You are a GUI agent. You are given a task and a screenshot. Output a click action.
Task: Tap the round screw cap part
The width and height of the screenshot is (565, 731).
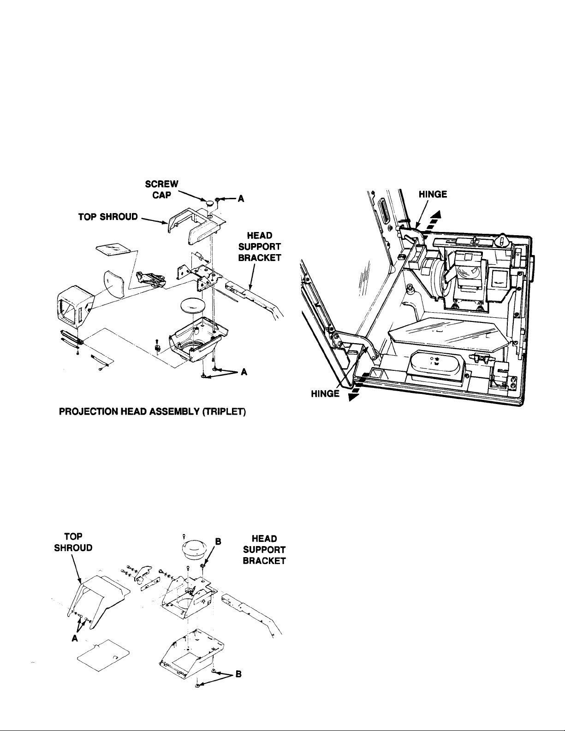tap(210, 202)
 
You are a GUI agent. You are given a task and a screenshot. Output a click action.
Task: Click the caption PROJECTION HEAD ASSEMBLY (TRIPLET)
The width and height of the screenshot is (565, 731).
tap(153, 411)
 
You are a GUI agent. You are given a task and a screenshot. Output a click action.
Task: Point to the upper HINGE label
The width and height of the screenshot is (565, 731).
tap(433, 194)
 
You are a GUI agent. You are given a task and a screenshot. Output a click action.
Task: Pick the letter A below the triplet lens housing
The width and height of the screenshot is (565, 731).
tap(243, 373)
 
